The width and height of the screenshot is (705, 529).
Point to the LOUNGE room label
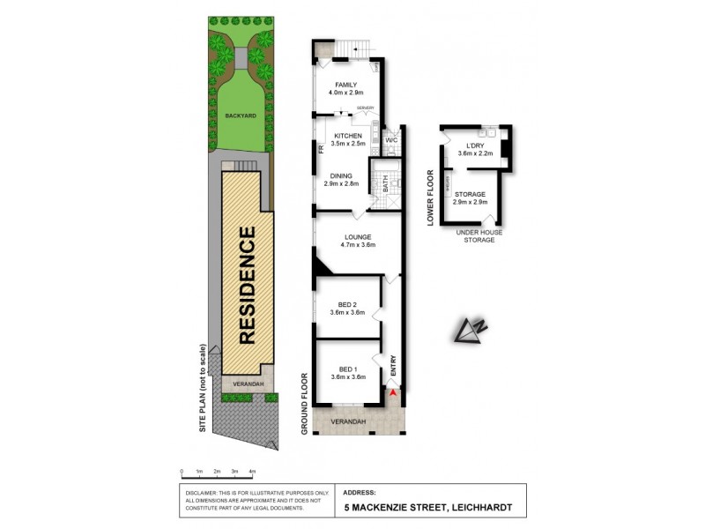point(358,236)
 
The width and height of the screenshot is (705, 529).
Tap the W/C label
point(392,140)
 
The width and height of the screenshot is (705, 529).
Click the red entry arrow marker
point(393,391)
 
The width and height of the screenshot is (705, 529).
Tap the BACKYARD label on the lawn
point(239,115)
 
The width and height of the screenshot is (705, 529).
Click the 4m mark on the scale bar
point(252,472)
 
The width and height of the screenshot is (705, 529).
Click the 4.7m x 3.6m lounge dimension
point(358,245)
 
